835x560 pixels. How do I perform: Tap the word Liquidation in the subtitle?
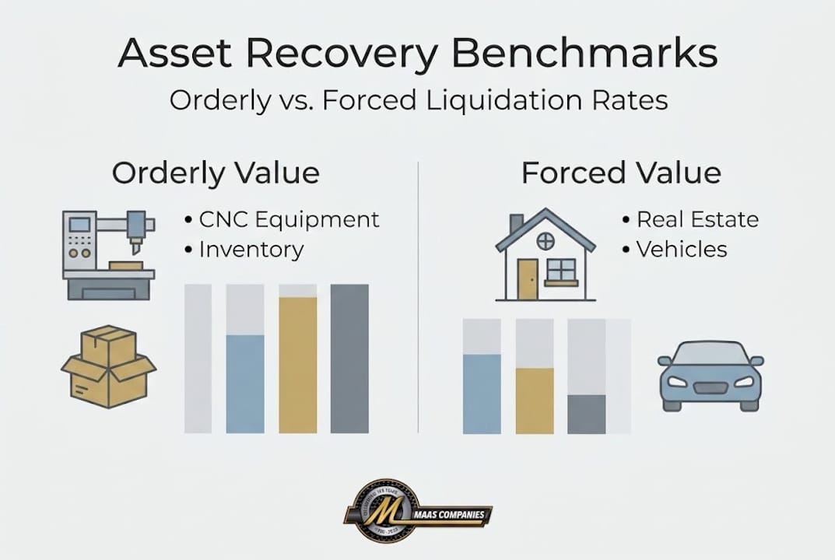517,102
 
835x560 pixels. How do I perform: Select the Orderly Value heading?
216,173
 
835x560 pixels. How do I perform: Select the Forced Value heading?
621,173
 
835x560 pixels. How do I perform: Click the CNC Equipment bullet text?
289,220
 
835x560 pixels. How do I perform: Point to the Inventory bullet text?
251,250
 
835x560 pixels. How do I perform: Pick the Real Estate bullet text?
697,220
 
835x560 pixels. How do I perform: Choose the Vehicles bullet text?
682,250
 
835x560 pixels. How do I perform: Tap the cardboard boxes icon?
109,366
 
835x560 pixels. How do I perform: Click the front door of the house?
527,278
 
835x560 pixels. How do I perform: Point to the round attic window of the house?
546,241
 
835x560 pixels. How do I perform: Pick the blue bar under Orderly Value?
245,383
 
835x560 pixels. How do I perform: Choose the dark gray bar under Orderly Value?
349,358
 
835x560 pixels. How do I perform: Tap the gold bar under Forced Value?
535,400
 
